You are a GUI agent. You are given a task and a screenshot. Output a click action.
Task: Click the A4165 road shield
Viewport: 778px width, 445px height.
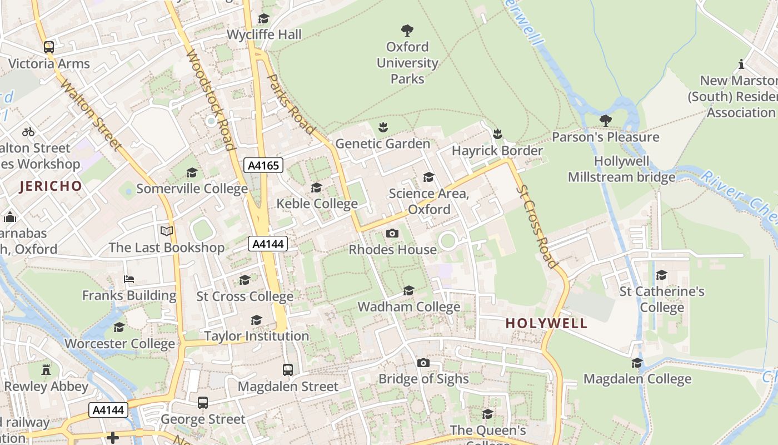(x=263, y=165)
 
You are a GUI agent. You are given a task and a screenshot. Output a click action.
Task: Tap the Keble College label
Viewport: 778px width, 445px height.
(x=317, y=204)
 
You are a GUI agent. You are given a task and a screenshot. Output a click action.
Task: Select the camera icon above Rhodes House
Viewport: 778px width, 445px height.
(x=392, y=233)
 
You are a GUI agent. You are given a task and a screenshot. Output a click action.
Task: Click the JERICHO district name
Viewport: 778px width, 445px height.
(x=51, y=186)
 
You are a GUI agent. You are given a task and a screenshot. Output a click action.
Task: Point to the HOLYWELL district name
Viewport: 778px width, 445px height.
(x=546, y=323)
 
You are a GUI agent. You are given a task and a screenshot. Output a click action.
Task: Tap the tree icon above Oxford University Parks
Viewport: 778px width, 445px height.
(x=407, y=30)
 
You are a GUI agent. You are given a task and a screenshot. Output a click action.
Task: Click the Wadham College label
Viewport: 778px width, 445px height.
(x=408, y=306)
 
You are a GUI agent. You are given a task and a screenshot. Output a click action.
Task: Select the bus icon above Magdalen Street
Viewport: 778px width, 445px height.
(x=288, y=369)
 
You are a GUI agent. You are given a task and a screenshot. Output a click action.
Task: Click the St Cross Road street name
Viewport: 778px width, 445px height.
(x=537, y=226)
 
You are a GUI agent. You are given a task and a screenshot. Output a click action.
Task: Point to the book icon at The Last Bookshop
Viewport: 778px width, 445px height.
(x=167, y=231)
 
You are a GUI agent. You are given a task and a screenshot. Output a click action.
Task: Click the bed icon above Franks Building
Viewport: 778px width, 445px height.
(x=129, y=279)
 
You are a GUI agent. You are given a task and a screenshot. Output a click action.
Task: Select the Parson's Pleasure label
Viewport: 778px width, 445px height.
(x=605, y=137)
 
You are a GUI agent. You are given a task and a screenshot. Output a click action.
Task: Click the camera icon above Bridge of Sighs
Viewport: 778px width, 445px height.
(x=423, y=363)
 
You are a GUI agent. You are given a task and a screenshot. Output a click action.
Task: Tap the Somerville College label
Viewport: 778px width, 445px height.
(x=192, y=189)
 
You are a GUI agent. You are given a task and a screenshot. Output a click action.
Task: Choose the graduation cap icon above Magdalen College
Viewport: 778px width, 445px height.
(x=637, y=363)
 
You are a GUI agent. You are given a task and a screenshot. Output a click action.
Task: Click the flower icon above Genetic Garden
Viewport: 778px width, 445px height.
(x=382, y=128)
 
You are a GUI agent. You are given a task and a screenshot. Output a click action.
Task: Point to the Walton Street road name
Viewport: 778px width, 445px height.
(x=91, y=115)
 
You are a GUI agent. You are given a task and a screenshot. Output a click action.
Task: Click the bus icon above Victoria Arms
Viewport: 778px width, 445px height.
(x=49, y=47)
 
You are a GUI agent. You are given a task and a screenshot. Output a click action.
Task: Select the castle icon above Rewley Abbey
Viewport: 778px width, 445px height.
(x=47, y=370)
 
